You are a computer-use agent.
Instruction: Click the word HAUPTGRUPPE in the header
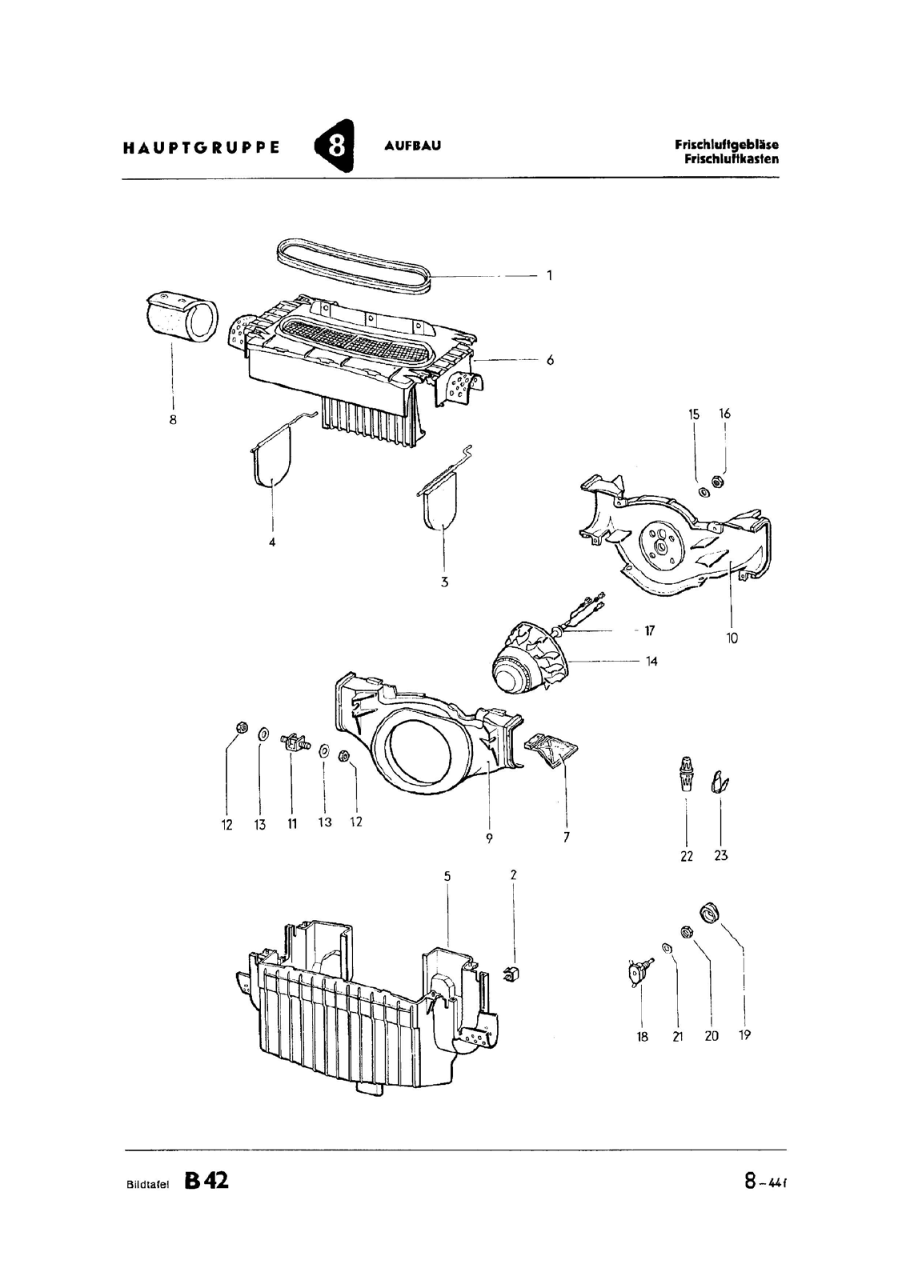(x=202, y=147)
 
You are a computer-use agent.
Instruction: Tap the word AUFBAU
(x=413, y=146)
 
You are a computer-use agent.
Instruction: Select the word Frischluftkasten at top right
(x=731, y=159)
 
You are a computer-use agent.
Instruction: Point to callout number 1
(x=549, y=275)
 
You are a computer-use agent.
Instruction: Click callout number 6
(x=550, y=360)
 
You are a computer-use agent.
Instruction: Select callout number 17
(x=649, y=631)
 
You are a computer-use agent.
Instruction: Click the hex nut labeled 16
(x=720, y=482)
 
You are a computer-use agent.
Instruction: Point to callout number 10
(x=732, y=638)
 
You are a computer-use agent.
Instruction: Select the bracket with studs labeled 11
(x=295, y=742)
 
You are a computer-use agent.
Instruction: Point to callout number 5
(x=447, y=876)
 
